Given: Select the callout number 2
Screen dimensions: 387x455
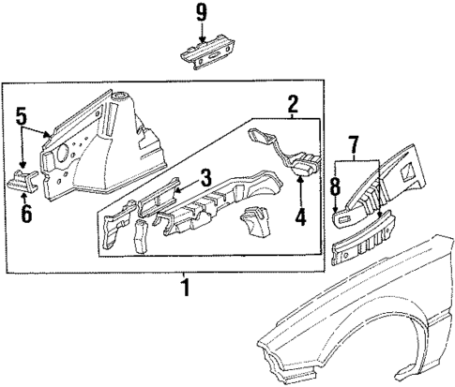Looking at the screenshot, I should pyautogui.click(x=293, y=103).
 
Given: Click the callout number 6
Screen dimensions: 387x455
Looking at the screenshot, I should pyautogui.click(x=25, y=214).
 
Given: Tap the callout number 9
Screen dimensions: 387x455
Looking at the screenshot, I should pyautogui.click(x=199, y=13).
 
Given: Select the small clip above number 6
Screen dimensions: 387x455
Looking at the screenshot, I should pyautogui.click(x=23, y=179).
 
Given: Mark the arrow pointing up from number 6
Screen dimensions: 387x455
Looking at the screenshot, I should pyautogui.click(x=25, y=195).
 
